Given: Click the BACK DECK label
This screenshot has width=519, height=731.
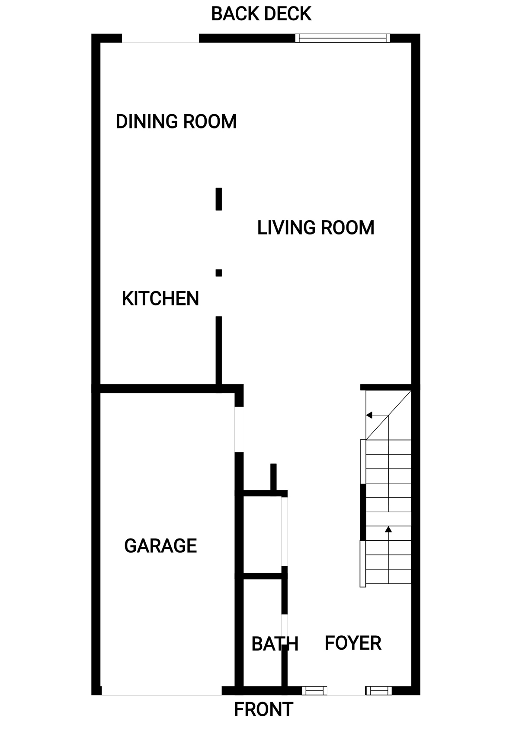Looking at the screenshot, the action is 261,14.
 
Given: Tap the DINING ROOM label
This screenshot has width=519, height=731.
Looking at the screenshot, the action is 176,122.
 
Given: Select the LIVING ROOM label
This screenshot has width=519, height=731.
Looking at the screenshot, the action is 316,228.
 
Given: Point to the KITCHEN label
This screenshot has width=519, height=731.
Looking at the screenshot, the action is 160,298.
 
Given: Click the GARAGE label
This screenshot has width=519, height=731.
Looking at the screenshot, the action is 160,545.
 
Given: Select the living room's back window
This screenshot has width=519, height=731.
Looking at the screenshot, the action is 343,38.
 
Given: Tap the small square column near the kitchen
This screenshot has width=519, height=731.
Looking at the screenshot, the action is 218,273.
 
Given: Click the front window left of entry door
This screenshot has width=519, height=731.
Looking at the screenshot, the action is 314,690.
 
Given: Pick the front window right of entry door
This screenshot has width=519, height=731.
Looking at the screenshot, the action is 378,690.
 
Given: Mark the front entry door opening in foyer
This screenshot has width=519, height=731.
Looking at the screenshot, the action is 346,690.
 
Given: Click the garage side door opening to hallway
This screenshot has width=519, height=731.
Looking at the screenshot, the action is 239,429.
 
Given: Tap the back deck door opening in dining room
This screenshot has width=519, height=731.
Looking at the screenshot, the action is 160,38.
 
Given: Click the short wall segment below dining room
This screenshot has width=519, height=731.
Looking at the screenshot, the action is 218,199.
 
